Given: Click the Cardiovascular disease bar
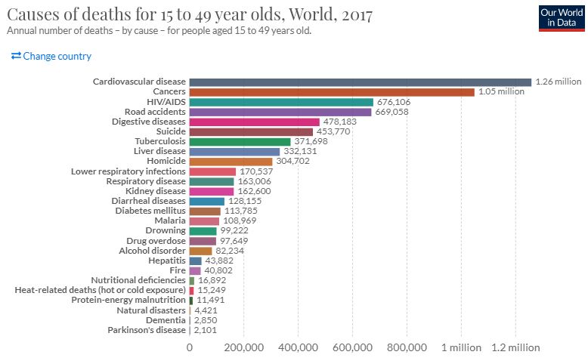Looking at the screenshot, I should click(360, 82).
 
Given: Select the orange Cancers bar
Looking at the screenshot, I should click(332, 91).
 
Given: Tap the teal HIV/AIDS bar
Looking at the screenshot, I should click(281, 102).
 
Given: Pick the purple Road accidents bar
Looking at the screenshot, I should click(280, 112).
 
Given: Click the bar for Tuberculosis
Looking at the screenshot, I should click(240, 141).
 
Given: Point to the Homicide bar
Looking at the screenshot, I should click(231, 162).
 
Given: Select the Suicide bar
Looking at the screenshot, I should click(251, 131).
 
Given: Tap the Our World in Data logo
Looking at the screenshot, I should click(561, 18).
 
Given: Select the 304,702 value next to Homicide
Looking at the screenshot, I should click(294, 162).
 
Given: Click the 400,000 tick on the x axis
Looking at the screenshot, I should click(298, 348).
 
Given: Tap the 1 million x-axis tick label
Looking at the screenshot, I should click(463, 348).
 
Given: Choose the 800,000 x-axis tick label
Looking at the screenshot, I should click(407, 348).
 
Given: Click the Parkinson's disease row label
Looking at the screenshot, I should click(147, 330).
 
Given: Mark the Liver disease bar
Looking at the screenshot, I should click(234, 151).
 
